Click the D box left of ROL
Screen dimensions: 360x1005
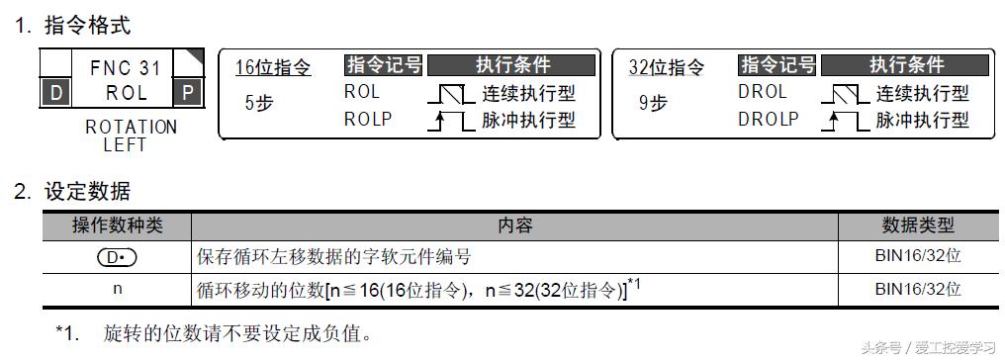(54, 94)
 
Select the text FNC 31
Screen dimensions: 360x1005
(125, 68)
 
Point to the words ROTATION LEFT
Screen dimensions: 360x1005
(131, 135)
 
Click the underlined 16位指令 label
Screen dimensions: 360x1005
(273, 67)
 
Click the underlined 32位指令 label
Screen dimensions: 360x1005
(667, 67)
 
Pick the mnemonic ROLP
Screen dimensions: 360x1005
(368, 119)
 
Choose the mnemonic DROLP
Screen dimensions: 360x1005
(769, 119)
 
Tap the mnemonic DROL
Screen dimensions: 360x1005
(762, 92)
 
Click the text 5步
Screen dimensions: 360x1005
(258, 102)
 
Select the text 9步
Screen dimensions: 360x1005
(653, 102)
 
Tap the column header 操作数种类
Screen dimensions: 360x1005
(118, 225)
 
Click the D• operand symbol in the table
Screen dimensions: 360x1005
(117, 257)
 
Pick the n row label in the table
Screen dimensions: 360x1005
(117, 289)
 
